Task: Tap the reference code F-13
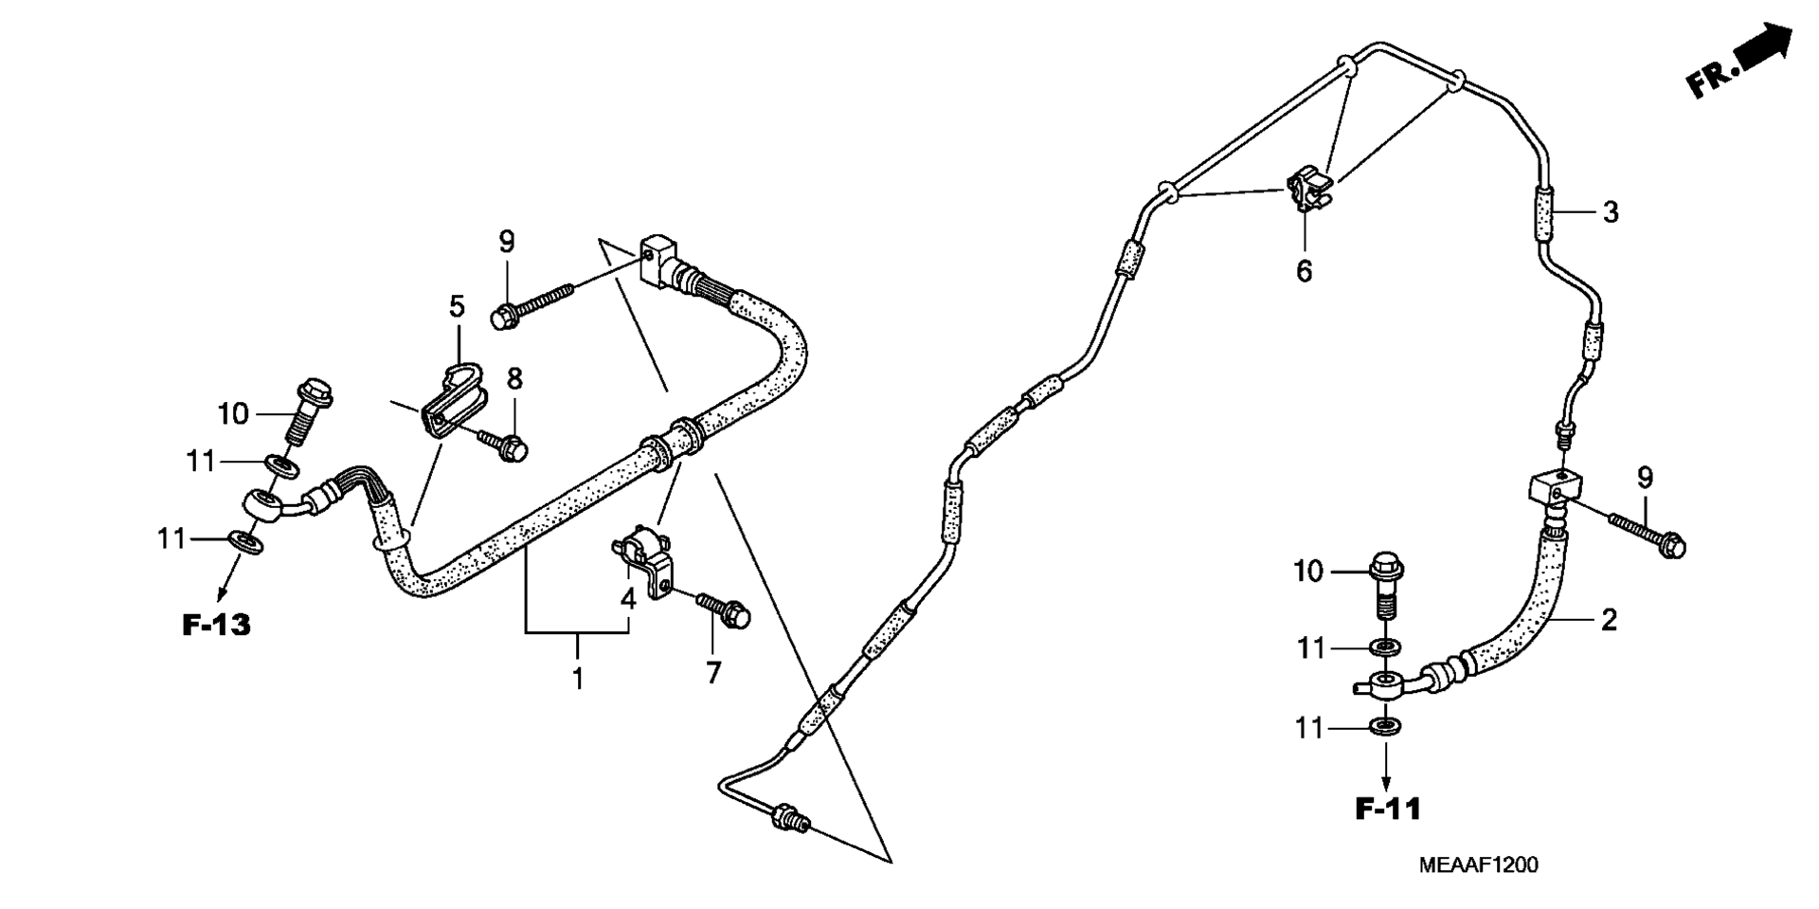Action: pyautogui.click(x=216, y=625)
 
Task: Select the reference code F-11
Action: pyautogui.click(x=1388, y=809)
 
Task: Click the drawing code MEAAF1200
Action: pyautogui.click(x=1478, y=864)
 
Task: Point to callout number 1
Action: pyautogui.click(x=578, y=679)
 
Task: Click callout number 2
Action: pyautogui.click(x=1609, y=621)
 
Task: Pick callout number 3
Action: pyautogui.click(x=1611, y=212)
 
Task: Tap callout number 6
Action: pyautogui.click(x=1305, y=272)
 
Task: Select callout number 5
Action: pyautogui.click(x=458, y=306)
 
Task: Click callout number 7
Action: pyautogui.click(x=713, y=673)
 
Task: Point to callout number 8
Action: pyautogui.click(x=514, y=379)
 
